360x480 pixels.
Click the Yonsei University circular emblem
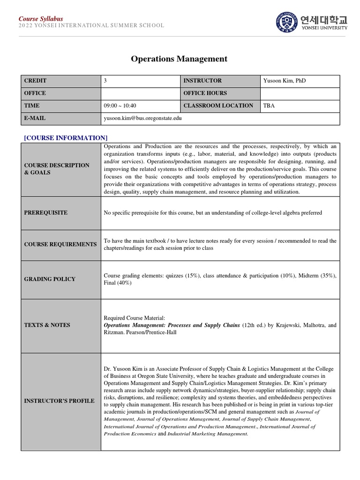(x=287, y=22)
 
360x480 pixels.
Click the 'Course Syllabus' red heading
(x=41, y=19)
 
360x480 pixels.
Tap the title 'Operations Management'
(x=179, y=59)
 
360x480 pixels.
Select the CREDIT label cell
(x=36, y=81)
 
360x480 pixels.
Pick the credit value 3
(x=105, y=81)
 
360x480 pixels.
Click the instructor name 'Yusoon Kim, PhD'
(x=285, y=81)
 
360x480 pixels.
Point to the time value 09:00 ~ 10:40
(x=120, y=106)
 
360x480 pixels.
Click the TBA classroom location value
(x=269, y=106)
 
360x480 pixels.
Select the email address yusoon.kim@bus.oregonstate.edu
(x=142, y=119)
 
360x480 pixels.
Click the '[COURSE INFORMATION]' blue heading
(x=66, y=138)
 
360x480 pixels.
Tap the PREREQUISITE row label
(x=46, y=213)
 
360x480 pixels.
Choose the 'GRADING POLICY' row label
(x=50, y=279)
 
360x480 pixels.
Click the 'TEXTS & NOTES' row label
(x=47, y=325)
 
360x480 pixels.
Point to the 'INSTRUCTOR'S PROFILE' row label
(x=59, y=401)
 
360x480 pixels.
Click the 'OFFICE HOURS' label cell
(x=205, y=93)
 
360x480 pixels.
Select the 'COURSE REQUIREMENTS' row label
(x=60, y=245)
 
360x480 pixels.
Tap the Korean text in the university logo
(x=324, y=19)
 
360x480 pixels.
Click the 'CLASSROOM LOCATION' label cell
(x=218, y=106)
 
